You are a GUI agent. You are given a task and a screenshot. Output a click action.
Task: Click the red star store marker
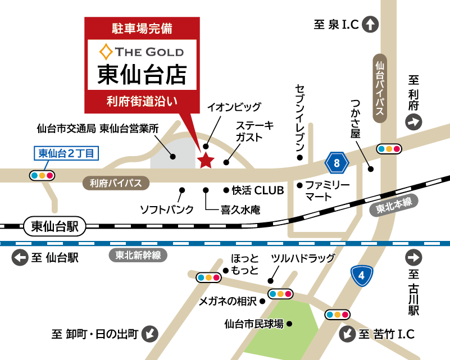(x=206, y=161)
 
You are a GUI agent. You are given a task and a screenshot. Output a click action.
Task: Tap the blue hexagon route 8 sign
(x=337, y=163)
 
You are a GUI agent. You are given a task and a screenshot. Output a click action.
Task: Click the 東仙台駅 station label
(x=54, y=226)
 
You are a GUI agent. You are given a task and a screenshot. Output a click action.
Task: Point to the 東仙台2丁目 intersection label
(x=67, y=152)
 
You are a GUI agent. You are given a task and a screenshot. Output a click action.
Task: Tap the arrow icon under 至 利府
(x=415, y=121)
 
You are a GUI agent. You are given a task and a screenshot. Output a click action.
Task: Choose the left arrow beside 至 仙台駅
(x=20, y=258)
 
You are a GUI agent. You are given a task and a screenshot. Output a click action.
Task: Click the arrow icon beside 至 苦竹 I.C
(x=348, y=335)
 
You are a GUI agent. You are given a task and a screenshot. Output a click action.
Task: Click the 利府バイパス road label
(x=116, y=183)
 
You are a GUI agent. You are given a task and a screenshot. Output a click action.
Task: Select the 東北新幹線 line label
(x=138, y=256)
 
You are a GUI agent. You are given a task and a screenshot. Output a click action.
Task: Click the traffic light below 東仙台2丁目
(x=43, y=175)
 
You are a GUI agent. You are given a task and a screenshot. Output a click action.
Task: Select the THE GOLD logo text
(x=142, y=52)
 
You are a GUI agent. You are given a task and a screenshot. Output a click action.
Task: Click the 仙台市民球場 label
(x=253, y=323)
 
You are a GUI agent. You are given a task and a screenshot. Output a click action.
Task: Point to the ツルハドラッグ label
(x=303, y=258)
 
